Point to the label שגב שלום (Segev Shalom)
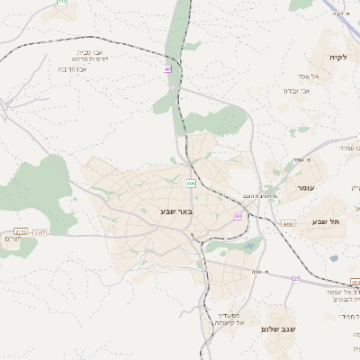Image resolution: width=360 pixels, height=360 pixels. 278,329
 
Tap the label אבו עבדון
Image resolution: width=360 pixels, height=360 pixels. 296,90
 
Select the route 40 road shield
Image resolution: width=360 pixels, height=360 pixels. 167,69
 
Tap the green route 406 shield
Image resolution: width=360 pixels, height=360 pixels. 191,184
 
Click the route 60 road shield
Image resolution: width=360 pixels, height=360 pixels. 238,216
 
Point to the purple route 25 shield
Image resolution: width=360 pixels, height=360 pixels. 296,278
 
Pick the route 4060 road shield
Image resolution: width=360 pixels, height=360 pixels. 287,223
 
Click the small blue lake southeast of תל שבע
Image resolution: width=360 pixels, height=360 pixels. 334,258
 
